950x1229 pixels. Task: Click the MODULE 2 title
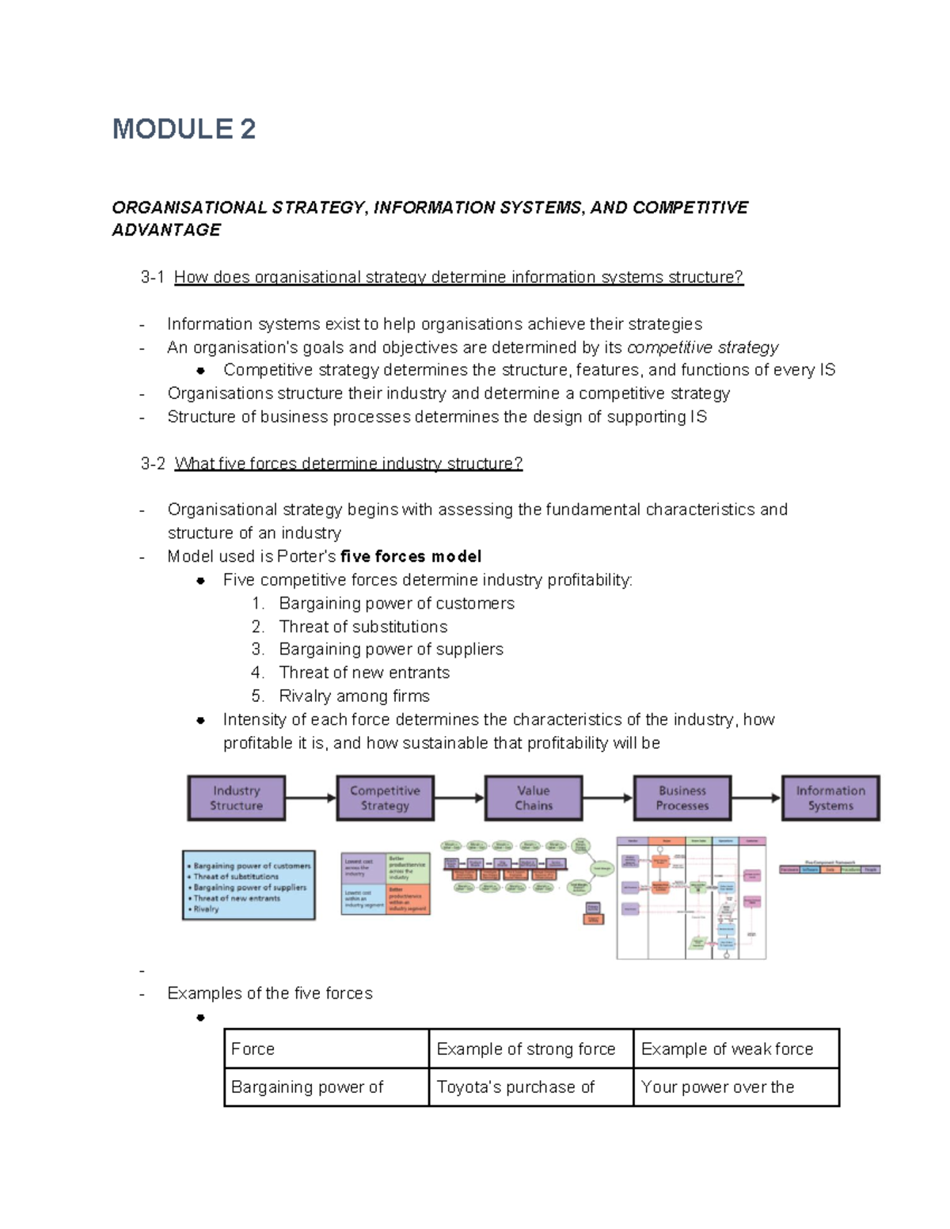click(x=184, y=129)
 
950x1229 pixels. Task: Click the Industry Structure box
click(x=236, y=798)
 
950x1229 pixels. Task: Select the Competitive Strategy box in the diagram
click(x=385, y=798)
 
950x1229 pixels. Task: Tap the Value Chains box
click(x=534, y=798)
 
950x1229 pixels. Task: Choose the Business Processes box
click(x=682, y=798)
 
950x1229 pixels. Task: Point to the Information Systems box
click(x=830, y=798)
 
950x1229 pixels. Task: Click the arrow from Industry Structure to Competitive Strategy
click(x=310, y=798)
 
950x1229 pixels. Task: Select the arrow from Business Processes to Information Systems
click(x=756, y=798)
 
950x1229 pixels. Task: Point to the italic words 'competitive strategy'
click(x=702, y=347)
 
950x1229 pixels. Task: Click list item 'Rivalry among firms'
click(x=354, y=696)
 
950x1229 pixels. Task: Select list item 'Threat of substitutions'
click(x=363, y=627)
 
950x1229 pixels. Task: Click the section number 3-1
click(x=152, y=277)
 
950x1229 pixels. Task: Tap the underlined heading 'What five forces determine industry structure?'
click(x=348, y=463)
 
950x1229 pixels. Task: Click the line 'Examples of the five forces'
click(x=269, y=993)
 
